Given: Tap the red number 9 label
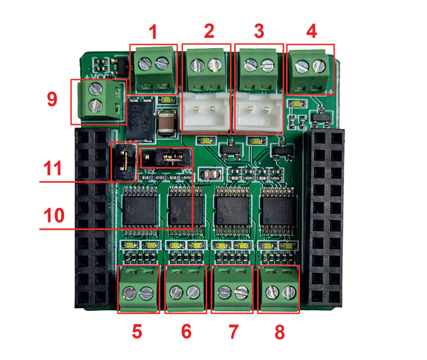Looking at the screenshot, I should tap(52, 99).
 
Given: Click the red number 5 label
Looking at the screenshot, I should tap(137, 331).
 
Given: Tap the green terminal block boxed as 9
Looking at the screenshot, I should tap(99, 101).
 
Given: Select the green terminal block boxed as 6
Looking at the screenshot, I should tap(185, 289).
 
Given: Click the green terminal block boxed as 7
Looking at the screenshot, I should tap(232, 289).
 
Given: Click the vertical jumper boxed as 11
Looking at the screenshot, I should tap(124, 161).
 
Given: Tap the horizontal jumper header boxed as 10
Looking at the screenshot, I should tap(166, 157).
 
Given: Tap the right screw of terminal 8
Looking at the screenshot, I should tap(289, 291).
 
